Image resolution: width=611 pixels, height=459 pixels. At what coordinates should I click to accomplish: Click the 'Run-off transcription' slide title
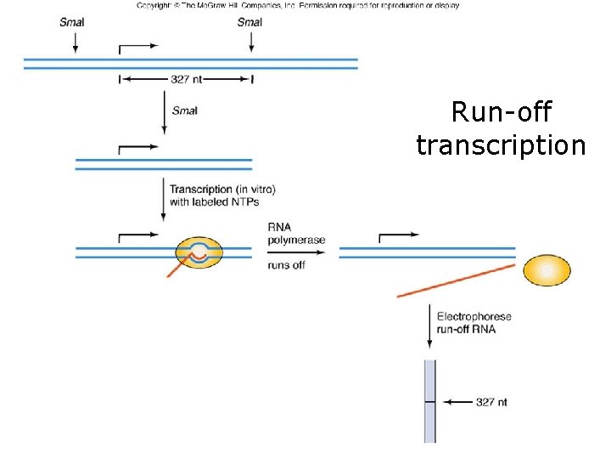point(501,128)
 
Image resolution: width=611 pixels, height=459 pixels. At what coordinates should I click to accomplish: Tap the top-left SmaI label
point(72,22)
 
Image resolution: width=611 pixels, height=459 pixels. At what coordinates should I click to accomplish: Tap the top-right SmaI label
point(250,22)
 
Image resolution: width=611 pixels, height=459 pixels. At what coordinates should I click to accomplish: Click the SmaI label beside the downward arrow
point(184,110)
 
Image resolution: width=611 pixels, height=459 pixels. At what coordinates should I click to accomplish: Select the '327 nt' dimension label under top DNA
point(186,80)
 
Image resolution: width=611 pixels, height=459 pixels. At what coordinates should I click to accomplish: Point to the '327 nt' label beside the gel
point(491,402)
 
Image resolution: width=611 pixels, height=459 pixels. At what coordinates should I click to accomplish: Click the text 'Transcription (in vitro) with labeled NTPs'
point(222,195)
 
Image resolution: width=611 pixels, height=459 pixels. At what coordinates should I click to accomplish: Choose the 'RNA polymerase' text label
point(296,234)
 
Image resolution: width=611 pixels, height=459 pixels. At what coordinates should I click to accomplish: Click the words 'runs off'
point(287,264)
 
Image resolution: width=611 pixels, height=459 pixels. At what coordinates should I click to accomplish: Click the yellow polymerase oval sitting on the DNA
point(199,252)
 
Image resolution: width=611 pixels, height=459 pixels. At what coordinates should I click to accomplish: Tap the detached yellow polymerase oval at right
point(547,270)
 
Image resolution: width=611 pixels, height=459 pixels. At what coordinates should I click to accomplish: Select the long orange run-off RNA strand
point(456,280)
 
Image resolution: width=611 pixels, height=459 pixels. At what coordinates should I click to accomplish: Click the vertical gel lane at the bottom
point(429,400)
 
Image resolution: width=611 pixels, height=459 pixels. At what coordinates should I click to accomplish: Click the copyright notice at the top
point(298,5)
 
